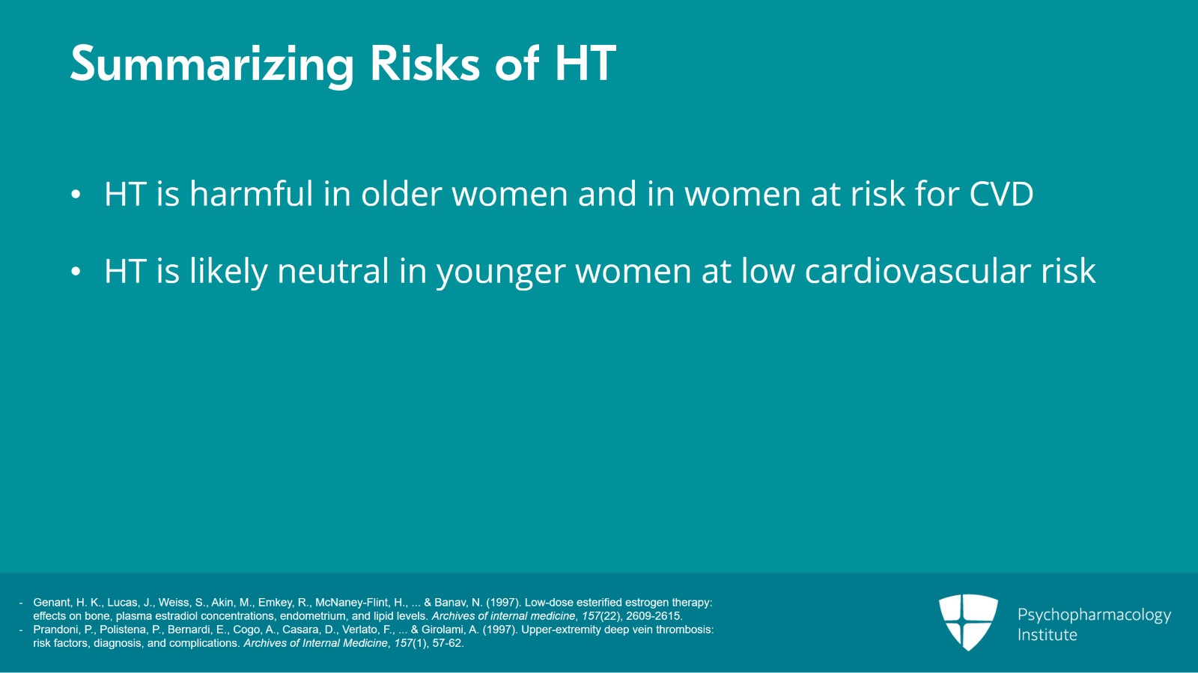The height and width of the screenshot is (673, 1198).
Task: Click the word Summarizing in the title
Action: click(211, 64)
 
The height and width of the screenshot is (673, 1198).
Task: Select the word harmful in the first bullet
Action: click(251, 194)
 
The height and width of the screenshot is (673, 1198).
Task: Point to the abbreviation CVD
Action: click(1001, 194)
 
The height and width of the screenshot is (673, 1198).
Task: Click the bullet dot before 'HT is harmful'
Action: click(76, 195)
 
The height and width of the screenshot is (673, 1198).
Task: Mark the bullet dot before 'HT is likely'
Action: click(76, 272)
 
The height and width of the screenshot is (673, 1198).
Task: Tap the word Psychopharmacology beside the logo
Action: click(1094, 615)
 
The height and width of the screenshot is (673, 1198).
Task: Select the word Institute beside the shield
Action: click(1047, 635)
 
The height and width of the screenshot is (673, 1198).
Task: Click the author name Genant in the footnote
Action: click(52, 603)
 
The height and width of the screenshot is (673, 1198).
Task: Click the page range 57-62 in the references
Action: click(448, 643)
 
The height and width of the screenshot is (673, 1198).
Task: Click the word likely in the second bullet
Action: click(228, 271)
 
